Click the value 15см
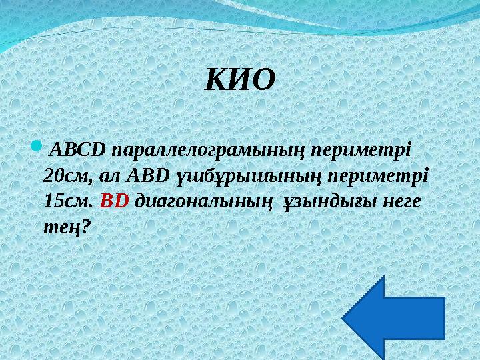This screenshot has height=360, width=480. coord(65,201)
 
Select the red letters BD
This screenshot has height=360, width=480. coord(114,201)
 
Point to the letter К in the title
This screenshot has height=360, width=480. coord(217,80)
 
